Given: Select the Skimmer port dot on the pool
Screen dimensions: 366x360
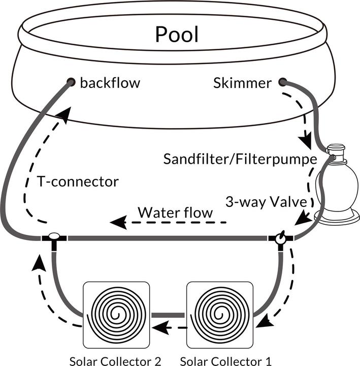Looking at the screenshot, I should tap(282, 82).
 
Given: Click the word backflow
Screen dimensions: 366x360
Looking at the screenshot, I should tap(110, 82).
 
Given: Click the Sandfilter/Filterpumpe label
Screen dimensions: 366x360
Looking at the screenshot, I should tap(240, 159).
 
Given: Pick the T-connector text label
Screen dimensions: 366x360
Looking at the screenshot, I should tap(78, 181).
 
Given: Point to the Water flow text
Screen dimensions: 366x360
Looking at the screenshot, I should tap(175, 212).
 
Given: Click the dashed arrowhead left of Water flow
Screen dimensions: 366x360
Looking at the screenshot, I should tap(117, 222).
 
